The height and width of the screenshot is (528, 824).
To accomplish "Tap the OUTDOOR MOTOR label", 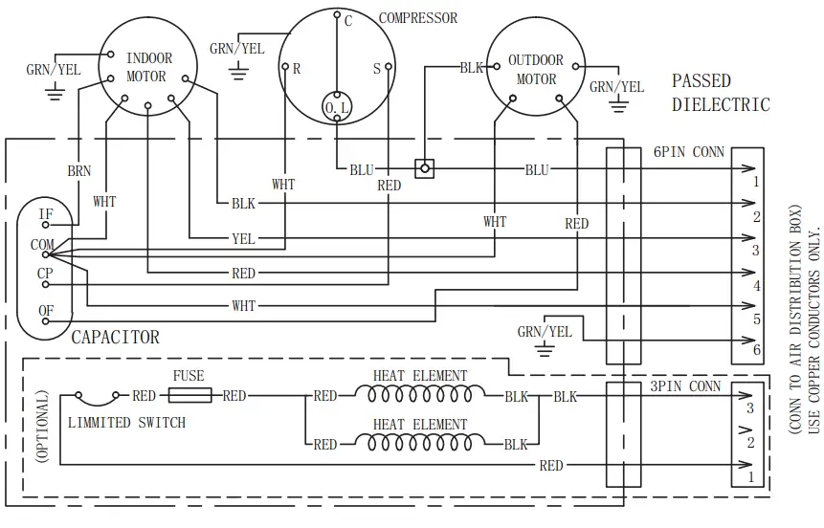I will tap(536, 70).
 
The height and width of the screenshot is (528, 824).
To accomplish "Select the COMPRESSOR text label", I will tap(418, 18).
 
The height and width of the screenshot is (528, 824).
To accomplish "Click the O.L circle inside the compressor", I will tap(337, 108).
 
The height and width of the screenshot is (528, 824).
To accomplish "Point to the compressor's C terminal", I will tap(336, 16).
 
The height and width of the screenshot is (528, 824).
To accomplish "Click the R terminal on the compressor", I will tap(285, 67).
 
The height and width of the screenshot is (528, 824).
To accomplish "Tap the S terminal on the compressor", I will tap(388, 67).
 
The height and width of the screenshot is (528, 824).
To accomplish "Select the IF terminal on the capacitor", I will tap(45, 214).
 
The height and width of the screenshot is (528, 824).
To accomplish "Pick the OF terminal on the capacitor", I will tap(45, 312).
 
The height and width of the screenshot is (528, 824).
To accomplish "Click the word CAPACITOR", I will tap(115, 338).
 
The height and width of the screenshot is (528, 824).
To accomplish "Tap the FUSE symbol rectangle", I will tap(189, 395).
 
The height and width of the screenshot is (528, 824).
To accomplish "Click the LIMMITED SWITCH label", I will tap(127, 422).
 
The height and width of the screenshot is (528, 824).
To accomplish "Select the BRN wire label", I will tap(79, 170).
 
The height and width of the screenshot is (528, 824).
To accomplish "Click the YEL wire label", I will tap(243, 239).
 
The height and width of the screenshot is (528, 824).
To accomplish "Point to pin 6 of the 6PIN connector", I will tap(756, 351).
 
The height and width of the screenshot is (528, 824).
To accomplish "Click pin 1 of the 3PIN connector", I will tap(751, 475).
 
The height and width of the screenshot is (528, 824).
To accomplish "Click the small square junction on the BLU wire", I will tap(425, 168).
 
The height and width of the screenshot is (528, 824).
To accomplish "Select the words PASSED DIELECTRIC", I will tap(720, 93).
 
